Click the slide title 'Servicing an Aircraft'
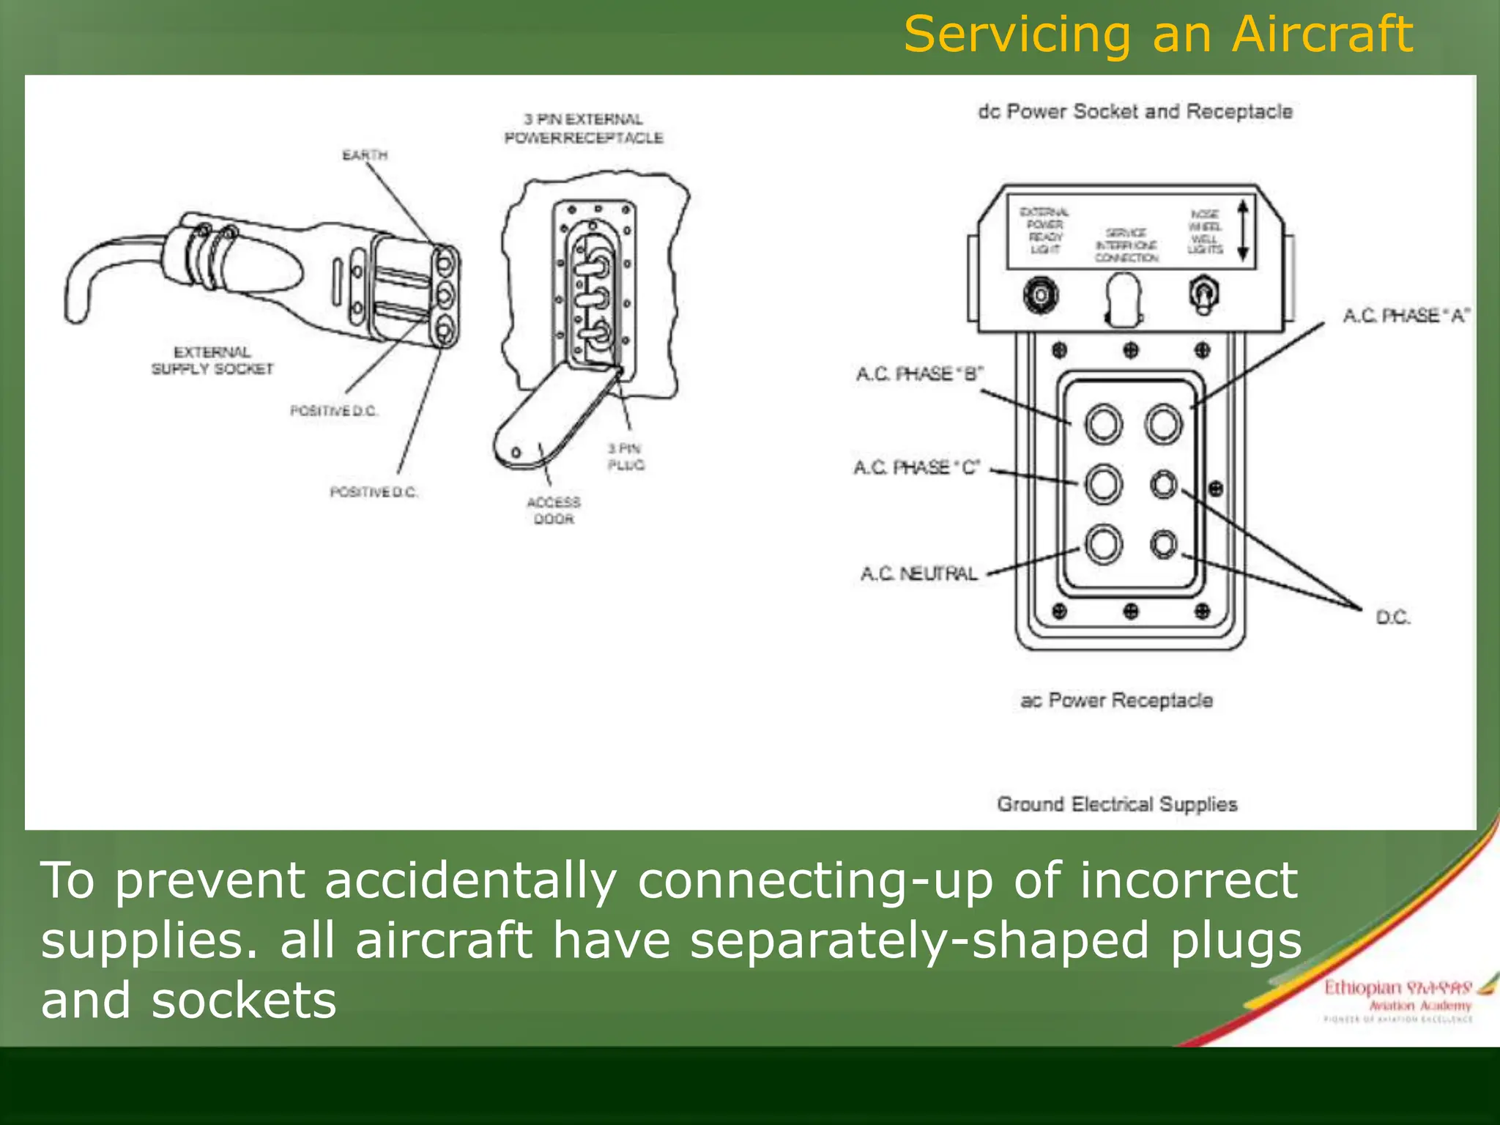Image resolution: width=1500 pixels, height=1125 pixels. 1157,34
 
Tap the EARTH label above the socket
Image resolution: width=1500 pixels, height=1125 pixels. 365,155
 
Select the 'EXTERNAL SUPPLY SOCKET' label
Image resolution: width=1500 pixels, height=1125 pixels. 212,360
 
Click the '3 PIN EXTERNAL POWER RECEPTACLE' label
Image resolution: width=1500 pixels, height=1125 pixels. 584,128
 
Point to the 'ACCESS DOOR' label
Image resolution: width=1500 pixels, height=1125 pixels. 554,510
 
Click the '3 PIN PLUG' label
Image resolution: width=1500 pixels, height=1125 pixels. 625,456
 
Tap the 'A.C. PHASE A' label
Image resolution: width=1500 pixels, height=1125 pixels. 1405,316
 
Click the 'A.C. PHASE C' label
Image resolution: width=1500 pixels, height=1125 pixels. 916,467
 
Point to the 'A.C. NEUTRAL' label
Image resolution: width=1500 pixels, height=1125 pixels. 918,573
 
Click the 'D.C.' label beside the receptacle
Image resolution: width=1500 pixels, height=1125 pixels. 1392,617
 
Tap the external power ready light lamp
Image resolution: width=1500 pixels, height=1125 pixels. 1040,296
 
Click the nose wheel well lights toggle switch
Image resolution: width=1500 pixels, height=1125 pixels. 1202,294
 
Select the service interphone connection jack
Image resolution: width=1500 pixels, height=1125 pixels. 1123,299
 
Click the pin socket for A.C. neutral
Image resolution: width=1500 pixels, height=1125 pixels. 1103,545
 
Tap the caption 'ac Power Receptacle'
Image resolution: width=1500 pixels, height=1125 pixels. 1116,701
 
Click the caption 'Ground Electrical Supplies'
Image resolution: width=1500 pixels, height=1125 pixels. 1116,804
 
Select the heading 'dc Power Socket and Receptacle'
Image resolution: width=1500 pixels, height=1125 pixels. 1135,112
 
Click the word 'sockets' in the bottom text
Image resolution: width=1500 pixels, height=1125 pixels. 244,1001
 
